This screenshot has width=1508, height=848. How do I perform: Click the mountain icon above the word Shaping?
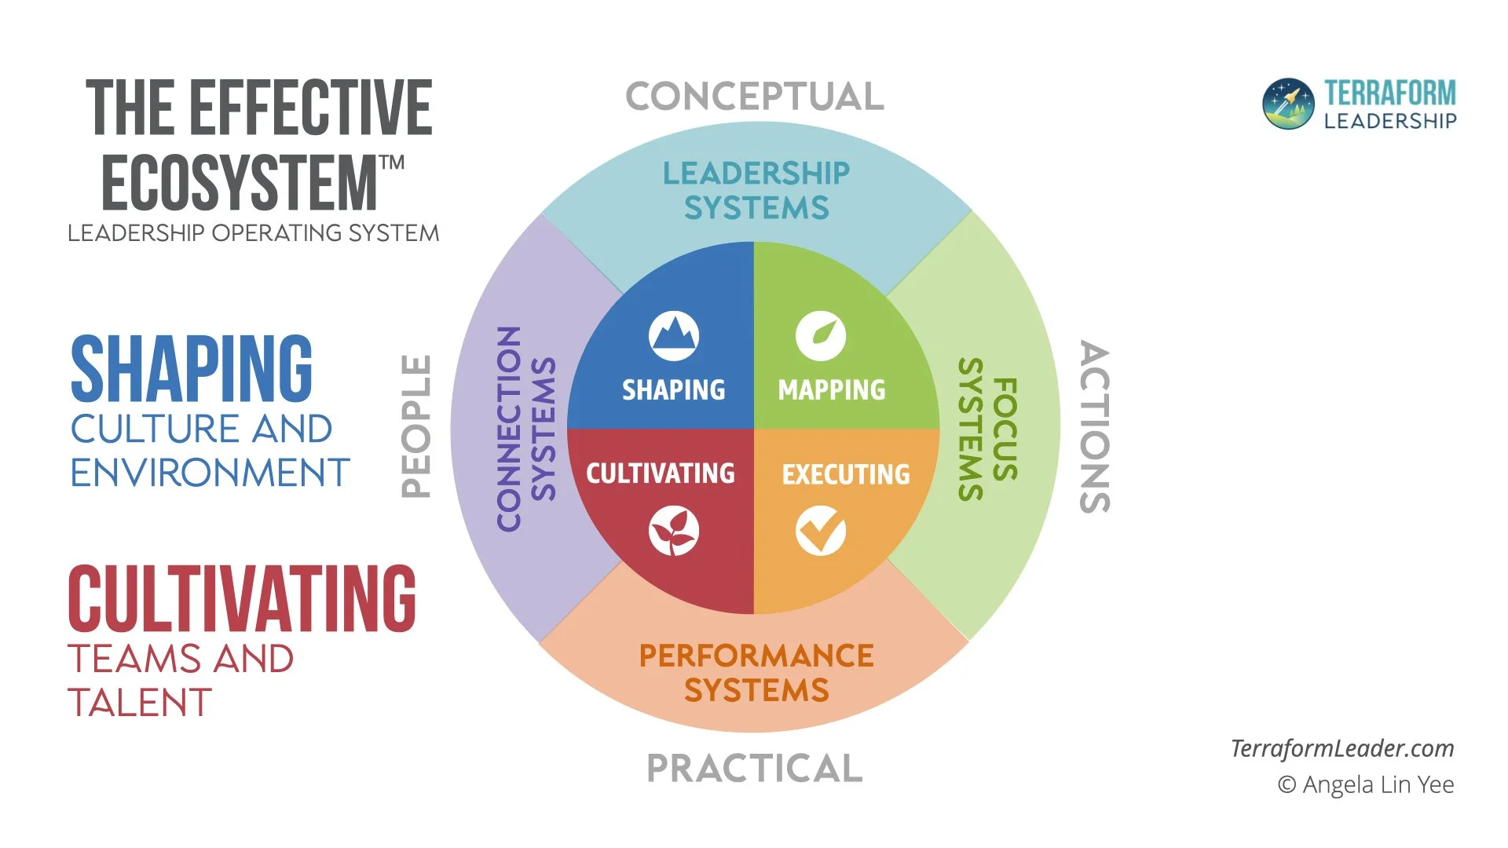click(674, 336)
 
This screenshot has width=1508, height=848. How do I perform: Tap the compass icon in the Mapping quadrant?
click(821, 336)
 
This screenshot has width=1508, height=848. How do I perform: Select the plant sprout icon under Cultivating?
click(674, 532)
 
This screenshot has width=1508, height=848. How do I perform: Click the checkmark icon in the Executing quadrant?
click(821, 532)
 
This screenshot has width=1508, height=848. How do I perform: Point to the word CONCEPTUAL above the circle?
click(755, 97)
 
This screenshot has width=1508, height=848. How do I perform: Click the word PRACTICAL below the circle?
click(755, 768)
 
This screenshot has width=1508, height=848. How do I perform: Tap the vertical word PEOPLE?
click(416, 426)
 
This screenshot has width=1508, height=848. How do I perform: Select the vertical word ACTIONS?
click(1094, 426)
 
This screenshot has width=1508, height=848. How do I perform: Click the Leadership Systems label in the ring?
click(756, 190)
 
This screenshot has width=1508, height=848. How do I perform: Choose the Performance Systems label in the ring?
click(756, 673)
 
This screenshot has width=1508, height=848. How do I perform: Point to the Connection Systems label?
click(526, 429)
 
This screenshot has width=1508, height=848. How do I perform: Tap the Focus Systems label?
click(988, 429)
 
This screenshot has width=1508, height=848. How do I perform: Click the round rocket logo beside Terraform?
click(1288, 104)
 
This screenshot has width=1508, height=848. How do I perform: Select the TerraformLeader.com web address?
click(1342, 748)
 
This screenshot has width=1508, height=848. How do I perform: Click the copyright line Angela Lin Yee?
click(1366, 784)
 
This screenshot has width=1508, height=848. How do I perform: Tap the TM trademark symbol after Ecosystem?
click(392, 163)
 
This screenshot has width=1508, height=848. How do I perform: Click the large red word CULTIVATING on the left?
click(242, 598)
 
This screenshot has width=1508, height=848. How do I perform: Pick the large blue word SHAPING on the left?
click(192, 367)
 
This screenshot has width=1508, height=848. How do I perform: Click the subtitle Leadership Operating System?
click(253, 233)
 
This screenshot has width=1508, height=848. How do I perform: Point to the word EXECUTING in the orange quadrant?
click(846, 474)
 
